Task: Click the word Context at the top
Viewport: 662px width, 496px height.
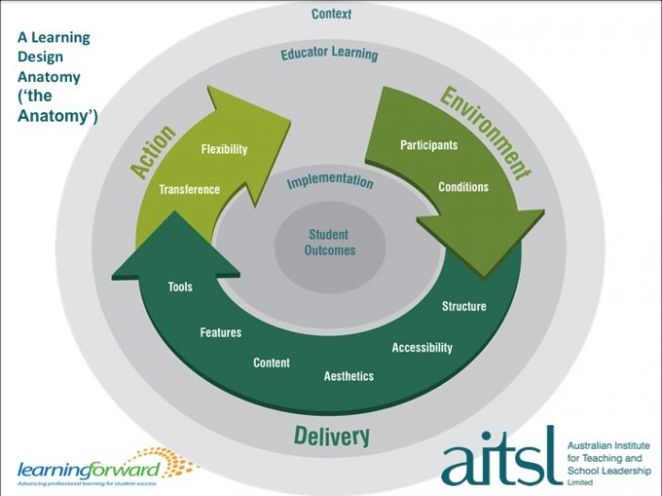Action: tap(331, 14)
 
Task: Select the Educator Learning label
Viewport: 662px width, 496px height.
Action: tap(329, 54)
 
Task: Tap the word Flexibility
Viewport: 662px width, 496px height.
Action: tap(224, 149)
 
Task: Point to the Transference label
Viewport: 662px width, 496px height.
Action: tap(190, 190)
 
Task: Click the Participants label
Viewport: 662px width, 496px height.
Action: tap(429, 145)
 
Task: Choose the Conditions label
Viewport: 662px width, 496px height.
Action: tap(464, 187)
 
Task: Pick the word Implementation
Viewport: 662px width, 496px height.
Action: tap(330, 181)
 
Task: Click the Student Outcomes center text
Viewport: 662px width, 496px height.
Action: tap(330, 242)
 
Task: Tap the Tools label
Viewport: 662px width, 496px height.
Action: tap(180, 287)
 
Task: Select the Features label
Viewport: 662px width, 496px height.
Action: tap(221, 332)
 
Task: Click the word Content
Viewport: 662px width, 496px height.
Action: tap(272, 363)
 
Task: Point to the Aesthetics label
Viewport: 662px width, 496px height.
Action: tap(349, 375)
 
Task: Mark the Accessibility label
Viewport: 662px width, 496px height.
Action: tap(422, 347)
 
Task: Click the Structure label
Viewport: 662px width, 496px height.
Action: tap(464, 306)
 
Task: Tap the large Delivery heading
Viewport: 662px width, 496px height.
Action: tap(332, 436)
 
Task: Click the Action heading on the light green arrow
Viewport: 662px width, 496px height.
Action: tap(153, 151)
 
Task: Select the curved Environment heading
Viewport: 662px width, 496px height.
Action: tap(486, 133)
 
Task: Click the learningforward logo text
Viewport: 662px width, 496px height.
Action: tap(89, 470)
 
